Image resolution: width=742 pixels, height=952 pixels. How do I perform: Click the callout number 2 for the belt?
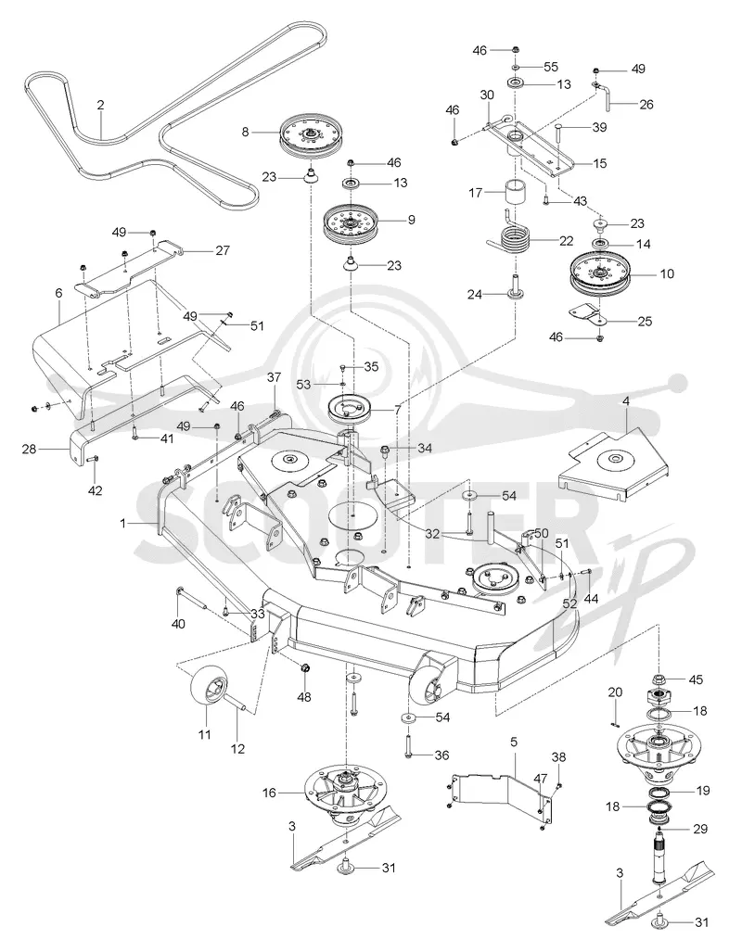pos(100,105)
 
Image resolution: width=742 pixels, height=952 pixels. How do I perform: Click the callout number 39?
pos(599,128)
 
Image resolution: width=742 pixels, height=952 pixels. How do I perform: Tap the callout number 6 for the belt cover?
pos(59,293)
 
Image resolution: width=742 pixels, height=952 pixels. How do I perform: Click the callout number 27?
pos(223,249)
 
